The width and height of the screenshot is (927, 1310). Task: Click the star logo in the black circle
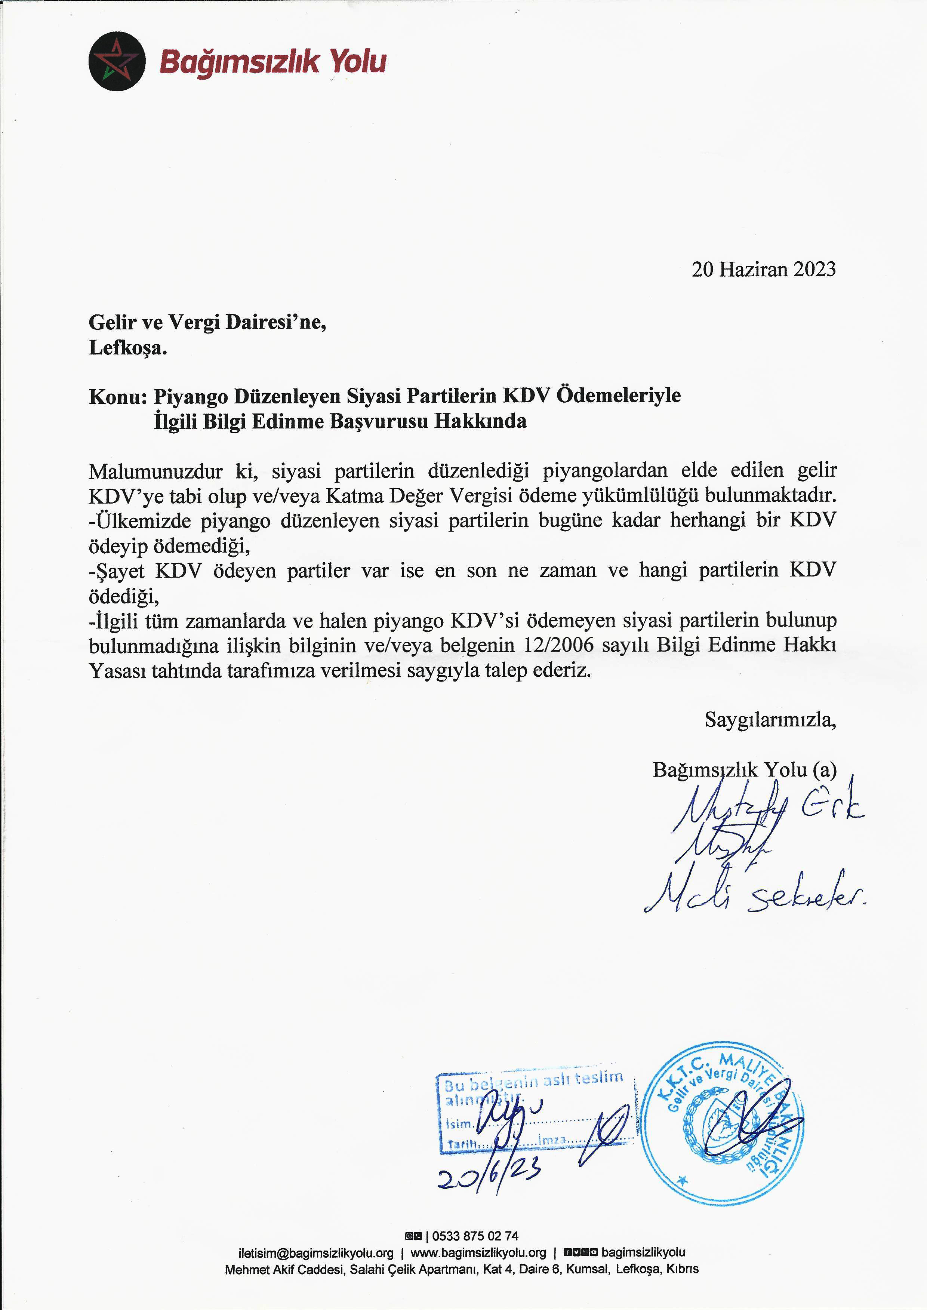117,61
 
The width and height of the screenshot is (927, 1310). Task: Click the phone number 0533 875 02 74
475,1236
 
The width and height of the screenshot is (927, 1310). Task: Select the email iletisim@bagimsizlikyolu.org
315,1253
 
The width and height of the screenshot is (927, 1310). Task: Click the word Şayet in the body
118,570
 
